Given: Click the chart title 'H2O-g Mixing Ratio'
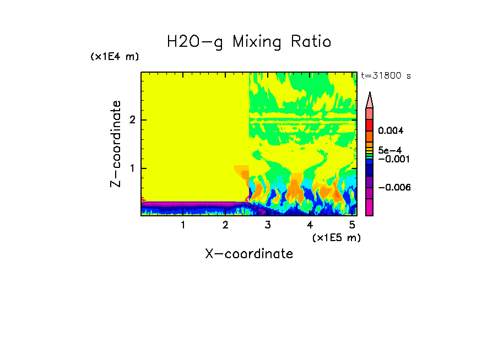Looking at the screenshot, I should point(249,42).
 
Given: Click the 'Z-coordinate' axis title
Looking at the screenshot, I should point(116,144).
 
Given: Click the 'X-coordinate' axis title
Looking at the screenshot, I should point(249,254).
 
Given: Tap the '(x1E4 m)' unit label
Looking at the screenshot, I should point(115,57).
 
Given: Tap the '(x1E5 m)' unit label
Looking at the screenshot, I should point(336,237).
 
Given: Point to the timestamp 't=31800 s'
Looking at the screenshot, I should point(386,76).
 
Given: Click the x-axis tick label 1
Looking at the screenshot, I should point(183,225).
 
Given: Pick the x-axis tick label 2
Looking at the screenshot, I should point(225,225).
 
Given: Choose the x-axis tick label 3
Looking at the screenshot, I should point(268,225).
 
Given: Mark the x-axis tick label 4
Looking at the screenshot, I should point(310,225).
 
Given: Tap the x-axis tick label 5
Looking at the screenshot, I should point(353,225).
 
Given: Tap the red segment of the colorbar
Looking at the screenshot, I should point(369,124).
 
